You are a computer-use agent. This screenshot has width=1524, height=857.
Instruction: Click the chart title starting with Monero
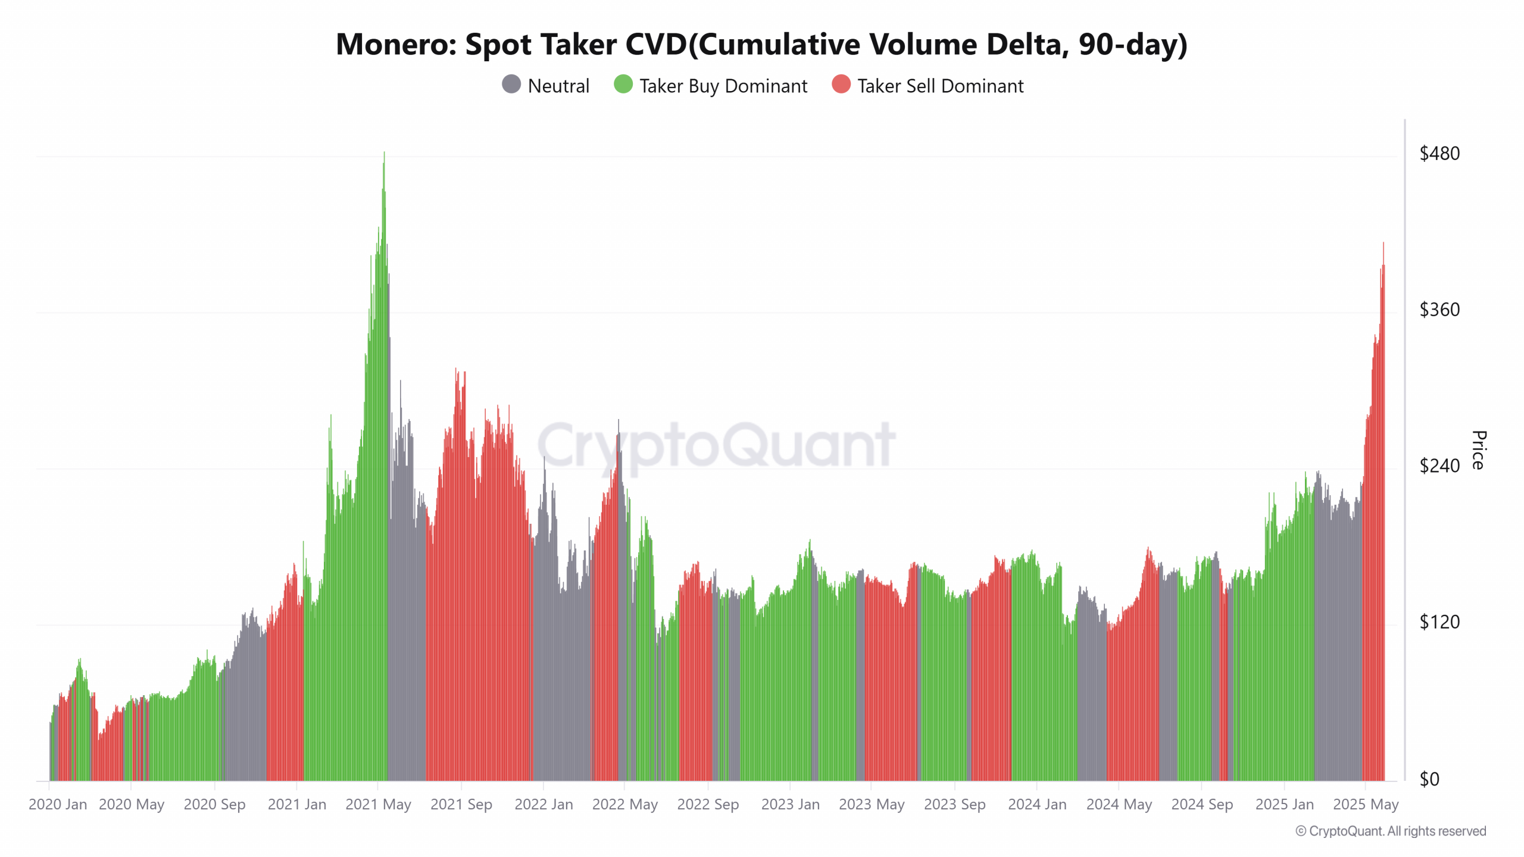[x=761, y=44]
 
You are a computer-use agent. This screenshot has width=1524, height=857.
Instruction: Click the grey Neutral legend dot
[x=511, y=85]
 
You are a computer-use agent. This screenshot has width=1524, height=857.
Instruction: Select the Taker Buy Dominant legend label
[x=723, y=86]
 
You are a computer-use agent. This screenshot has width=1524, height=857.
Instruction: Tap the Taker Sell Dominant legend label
[x=940, y=86]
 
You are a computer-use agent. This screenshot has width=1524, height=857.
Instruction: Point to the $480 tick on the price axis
[x=1439, y=154]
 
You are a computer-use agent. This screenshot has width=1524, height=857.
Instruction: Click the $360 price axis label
[x=1439, y=309]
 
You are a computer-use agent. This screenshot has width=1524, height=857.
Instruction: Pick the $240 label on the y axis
[x=1439, y=465]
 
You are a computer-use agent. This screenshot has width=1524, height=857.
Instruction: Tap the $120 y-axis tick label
[x=1439, y=622]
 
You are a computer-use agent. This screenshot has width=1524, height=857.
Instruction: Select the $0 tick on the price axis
[x=1429, y=779]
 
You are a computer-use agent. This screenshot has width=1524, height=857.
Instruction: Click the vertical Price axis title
[x=1479, y=450]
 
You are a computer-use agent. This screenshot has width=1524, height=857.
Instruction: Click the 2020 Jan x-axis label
[x=58, y=804]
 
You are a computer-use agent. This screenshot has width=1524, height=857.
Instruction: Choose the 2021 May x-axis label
[x=378, y=804]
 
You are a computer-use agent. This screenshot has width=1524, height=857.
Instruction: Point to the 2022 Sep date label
[x=708, y=804]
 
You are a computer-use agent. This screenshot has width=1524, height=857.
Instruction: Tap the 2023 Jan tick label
[x=790, y=804]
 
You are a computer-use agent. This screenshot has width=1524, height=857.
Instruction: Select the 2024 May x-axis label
[x=1119, y=804]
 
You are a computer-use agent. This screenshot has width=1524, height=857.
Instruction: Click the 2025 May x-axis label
[x=1365, y=804]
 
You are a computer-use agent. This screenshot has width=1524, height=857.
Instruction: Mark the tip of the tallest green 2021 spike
[x=384, y=152]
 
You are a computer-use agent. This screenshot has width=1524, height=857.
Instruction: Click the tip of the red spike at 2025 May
[x=1384, y=243]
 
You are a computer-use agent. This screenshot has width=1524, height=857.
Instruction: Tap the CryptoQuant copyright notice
[x=1391, y=831]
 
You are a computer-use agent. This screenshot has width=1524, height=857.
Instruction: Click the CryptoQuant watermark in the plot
[x=716, y=445]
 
